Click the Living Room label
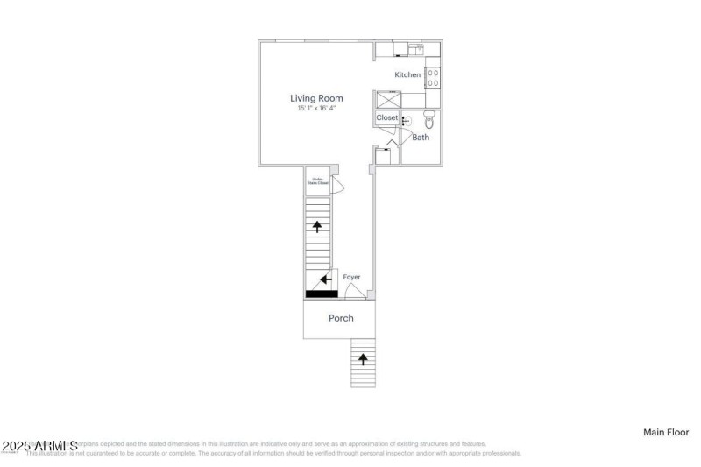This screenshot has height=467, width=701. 316,98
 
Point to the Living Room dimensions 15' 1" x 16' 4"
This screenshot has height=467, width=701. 316,108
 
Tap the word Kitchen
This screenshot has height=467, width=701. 407,75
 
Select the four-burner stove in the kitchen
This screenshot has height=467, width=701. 432,78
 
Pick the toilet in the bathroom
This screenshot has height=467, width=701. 428,120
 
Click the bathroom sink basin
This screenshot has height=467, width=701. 407,123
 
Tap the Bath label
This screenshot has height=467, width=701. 421,138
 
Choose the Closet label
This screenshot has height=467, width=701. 386,117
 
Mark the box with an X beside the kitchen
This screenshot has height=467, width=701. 386,99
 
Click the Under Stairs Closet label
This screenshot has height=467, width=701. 316,182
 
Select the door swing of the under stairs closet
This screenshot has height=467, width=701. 336,185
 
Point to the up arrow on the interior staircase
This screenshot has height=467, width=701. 316,226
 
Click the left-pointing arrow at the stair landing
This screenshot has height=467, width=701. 325,279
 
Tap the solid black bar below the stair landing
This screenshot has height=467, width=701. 321,294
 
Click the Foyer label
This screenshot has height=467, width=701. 351,277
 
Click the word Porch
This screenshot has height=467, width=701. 341,318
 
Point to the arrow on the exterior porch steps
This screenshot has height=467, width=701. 364,358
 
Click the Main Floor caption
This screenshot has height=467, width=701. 666,432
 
